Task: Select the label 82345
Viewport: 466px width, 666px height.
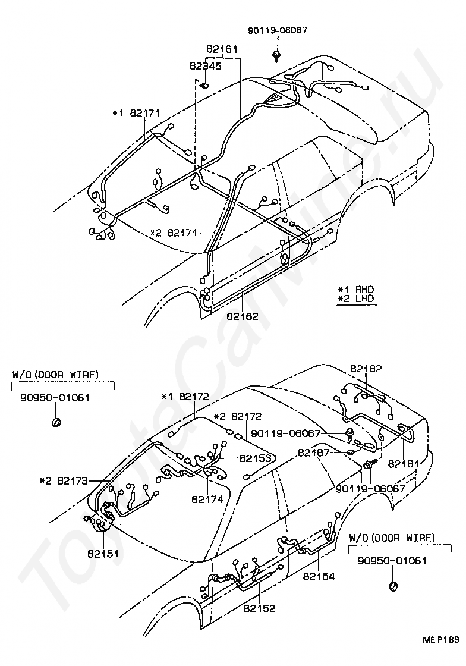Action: click(206, 66)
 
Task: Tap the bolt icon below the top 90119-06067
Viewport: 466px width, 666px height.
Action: click(277, 56)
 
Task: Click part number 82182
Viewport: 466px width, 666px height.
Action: click(366, 369)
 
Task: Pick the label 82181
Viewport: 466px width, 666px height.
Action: click(404, 463)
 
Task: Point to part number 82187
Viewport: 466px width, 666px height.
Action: click(313, 453)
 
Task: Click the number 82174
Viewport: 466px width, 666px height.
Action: click(207, 499)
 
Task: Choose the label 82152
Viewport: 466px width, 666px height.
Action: click(259, 608)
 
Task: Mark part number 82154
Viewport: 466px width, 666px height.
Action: click(319, 576)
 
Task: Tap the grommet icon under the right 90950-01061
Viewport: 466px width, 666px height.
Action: click(393, 587)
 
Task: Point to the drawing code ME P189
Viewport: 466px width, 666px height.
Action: click(440, 640)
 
